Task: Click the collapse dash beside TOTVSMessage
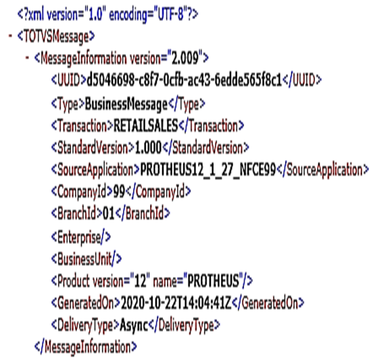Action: [10, 36]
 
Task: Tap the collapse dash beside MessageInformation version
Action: [27, 57]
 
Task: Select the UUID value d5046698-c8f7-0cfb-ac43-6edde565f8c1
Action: [184, 80]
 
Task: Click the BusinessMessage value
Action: [126, 104]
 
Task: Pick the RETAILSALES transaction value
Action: [146, 126]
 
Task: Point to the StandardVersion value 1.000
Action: [148, 148]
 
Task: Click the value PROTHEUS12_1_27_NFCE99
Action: [208, 170]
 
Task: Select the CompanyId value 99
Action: [119, 191]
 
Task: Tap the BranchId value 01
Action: [109, 213]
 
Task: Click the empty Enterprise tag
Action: [81, 237]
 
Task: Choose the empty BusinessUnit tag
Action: [86, 259]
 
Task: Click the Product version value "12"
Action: [140, 280]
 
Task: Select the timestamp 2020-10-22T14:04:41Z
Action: [176, 303]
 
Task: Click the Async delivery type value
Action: [134, 325]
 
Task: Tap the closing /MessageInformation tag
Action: [86, 347]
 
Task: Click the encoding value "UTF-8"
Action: [171, 14]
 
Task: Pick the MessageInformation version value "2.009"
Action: [185, 57]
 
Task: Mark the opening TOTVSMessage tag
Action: [56, 36]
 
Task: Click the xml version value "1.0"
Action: [95, 14]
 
